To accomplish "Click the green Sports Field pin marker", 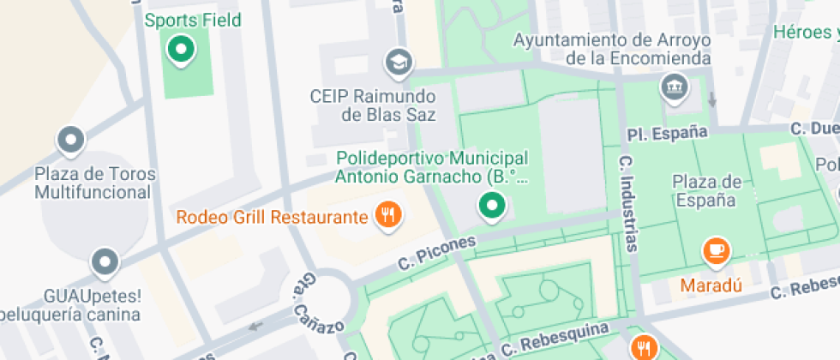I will [x=181, y=49].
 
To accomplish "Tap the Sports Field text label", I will [x=193, y=20].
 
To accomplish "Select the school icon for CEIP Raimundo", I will [x=399, y=62].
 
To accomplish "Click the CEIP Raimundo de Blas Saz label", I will [x=373, y=105].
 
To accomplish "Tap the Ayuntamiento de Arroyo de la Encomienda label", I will [x=613, y=49].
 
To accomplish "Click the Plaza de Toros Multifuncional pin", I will [x=69, y=140].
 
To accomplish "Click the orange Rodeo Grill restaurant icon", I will [x=388, y=215].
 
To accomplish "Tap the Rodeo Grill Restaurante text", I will [x=272, y=217].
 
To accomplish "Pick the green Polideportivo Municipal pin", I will [x=491, y=206].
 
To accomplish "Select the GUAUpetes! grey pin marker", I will [x=105, y=262].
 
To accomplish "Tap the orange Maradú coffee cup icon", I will [x=715, y=249].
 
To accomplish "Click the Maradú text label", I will [x=711, y=284].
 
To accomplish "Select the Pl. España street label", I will [x=667, y=133].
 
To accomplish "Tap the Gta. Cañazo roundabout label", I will [x=317, y=308].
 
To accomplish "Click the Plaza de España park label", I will [x=706, y=190].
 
